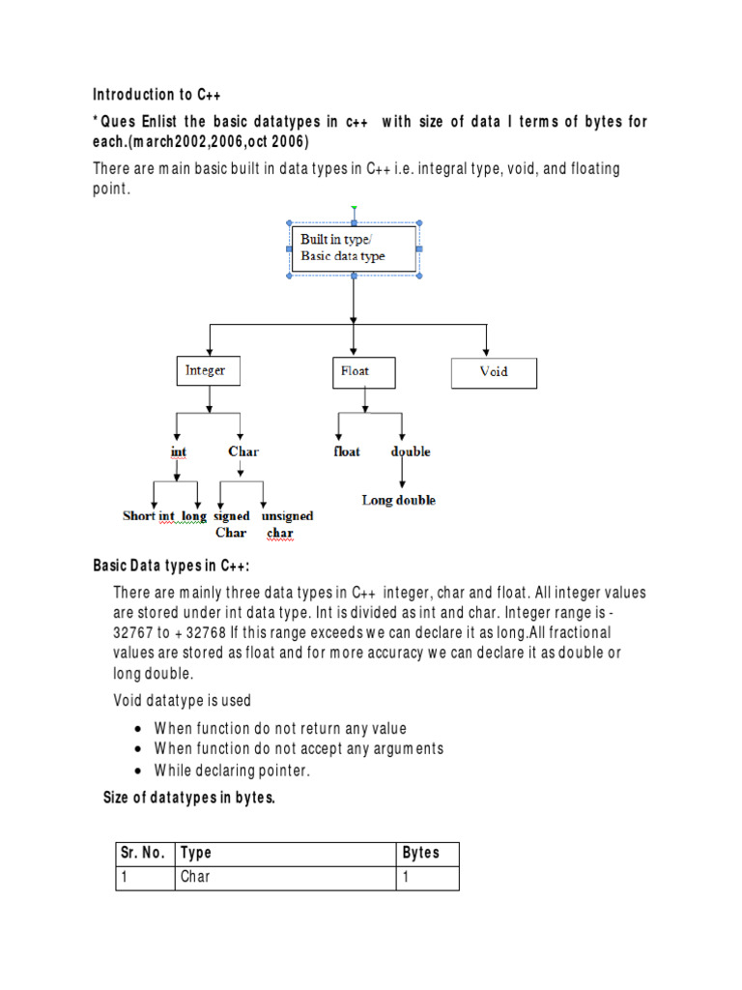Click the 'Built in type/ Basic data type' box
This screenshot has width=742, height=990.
(354, 248)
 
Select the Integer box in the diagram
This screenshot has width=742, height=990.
(205, 371)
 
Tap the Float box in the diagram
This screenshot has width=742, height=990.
(363, 371)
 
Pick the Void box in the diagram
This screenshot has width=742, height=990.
(494, 372)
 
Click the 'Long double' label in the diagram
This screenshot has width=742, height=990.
(399, 500)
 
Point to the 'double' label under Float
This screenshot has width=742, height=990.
(411, 451)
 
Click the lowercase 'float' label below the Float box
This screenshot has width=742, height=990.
(347, 451)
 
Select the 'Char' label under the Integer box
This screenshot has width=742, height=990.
(243, 451)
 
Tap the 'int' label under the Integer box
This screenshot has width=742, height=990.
(178, 451)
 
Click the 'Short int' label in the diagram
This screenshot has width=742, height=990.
(149, 516)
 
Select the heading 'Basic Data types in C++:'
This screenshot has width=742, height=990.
(172, 566)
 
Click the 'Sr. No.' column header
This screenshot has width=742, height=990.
(144, 853)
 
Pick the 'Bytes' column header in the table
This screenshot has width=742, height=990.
(420, 853)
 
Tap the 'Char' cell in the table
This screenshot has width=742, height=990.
(195, 877)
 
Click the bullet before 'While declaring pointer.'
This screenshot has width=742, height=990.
(140, 771)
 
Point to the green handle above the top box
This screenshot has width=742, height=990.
(354, 208)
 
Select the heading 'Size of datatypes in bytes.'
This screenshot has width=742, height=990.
(189, 798)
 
